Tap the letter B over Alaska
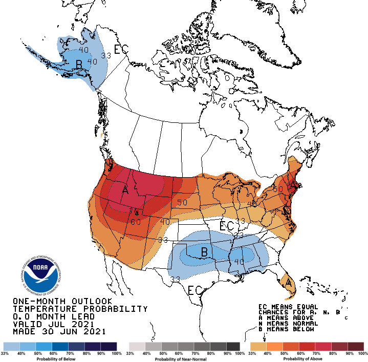pos(79,64)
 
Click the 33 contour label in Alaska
pos(106,55)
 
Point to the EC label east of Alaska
pos(121,50)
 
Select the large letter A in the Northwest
pos(125,190)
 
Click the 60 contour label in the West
pos(135,222)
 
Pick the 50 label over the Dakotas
pos(182,202)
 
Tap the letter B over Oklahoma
pos(203,252)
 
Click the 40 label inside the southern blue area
pos(239,261)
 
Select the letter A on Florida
pos(288,282)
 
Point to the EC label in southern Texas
pos(195,290)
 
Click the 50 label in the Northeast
pos(278,189)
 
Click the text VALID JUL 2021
pos(53,325)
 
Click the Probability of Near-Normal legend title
pos(184,358)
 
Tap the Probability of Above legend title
pos(307,358)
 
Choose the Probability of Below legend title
pos(60,358)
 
